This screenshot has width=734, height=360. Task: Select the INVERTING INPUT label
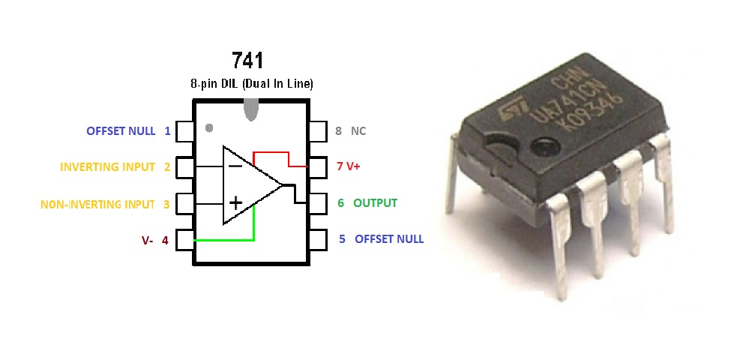tap(107, 166)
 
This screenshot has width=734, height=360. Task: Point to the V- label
tap(147, 241)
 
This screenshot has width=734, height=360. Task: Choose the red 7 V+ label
tap(348, 166)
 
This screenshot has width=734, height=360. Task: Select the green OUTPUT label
tap(375, 202)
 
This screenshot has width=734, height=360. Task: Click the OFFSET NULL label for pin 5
tap(388, 239)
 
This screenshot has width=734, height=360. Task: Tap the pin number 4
tap(165, 241)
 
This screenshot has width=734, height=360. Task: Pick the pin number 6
tap(341, 202)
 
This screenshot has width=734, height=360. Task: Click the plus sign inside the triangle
tap(235, 202)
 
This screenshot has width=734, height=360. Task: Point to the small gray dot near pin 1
tap(209, 127)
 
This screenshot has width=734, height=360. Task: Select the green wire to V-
tap(225, 240)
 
